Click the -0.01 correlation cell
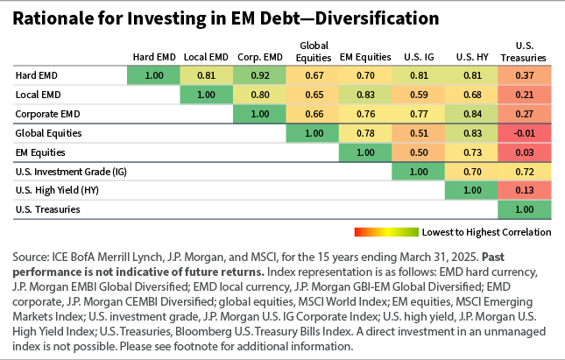tap(524, 133)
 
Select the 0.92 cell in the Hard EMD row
tap(260, 76)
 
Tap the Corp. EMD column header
tap(260, 57)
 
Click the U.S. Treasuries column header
tap(524, 52)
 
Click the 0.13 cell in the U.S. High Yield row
tap(524, 190)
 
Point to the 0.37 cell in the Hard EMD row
tap(524, 76)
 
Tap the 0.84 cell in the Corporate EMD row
tap(471, 114)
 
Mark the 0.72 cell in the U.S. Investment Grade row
tap(524, 172)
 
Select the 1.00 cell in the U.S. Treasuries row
tap(524, 209)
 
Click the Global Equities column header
tap(313, 52)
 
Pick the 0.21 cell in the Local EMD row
tap(524, 95)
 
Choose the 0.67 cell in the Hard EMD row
tap(313, 76)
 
